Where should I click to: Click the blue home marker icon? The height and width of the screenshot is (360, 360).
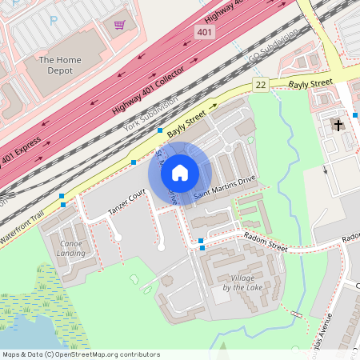click(x=180, y=172)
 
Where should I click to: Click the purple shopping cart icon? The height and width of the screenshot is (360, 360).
click(x=120, y=24)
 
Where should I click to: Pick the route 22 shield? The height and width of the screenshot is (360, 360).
click(x=260, y=84)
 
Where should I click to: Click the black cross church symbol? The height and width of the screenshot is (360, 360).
click(x=338, y=125)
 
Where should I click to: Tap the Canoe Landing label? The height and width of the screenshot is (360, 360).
click(x=71, y=248)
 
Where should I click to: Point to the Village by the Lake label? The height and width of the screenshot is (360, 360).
click(x=241, y=282)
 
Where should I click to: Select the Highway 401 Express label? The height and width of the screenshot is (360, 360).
click(x=22, y=159)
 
